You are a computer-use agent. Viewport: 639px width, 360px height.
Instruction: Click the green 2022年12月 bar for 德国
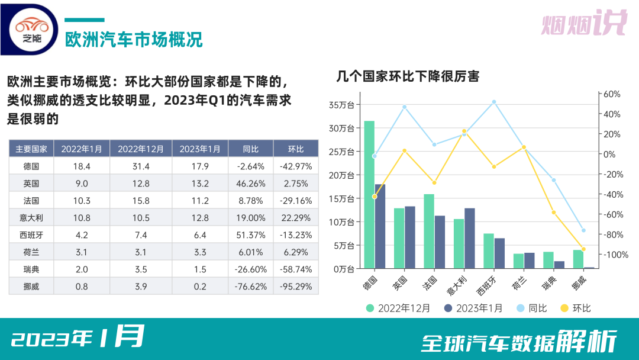[x=369, y=195]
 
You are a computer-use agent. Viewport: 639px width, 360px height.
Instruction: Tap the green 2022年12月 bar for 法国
[x=429, y=231]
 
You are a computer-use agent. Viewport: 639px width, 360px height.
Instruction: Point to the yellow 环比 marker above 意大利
[x=464, y=131]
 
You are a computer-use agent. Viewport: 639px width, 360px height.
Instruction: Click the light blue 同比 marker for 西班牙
[x=494, y=102]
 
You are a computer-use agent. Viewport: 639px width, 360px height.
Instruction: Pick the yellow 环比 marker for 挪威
[x=583, y=249]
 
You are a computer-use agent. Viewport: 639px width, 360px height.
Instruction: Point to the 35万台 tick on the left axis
[x=341, y=105]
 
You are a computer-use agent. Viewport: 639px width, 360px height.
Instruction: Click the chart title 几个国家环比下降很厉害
[x=408, y=76]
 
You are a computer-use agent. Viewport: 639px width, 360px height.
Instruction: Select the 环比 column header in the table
[x=296, y=149]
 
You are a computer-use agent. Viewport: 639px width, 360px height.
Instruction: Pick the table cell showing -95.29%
[x=296, y=286]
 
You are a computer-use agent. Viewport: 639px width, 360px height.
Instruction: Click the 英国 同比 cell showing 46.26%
[x=250, y=183]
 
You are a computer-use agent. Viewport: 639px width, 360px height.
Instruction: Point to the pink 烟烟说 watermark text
[x=583, y=24]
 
